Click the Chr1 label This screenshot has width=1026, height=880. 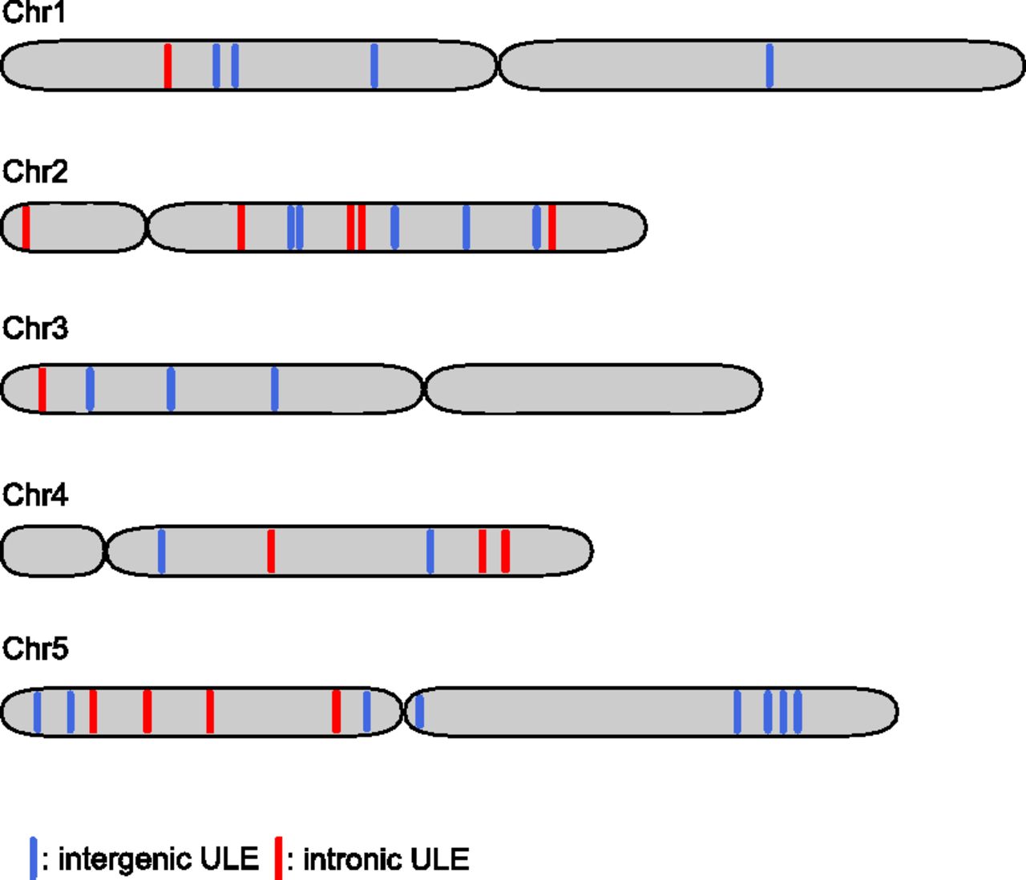pos(34,12)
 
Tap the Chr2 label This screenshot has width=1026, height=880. pos(34,172)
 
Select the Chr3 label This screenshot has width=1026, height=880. pos(34,329)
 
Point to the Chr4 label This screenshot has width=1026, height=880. pos(34,494)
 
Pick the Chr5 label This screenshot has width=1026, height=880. pos(34,648)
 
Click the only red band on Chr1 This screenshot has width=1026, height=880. pos(168,66)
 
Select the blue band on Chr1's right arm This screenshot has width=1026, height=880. pos(769,66)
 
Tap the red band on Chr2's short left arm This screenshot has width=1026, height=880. pos(26,228)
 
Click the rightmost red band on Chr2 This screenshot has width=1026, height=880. pos(552,228)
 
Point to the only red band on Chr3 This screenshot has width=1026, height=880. pos(42,390)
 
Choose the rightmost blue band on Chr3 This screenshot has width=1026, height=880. pos(274,390)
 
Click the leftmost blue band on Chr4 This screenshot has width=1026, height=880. pos(161,551)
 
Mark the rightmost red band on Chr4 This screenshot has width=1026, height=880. pos(505,551)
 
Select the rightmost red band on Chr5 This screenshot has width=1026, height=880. pos(336,711)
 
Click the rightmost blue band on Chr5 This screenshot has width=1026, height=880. pos(798,711)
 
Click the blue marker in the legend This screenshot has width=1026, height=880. pos(33,858)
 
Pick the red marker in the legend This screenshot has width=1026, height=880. pos(278,858)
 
